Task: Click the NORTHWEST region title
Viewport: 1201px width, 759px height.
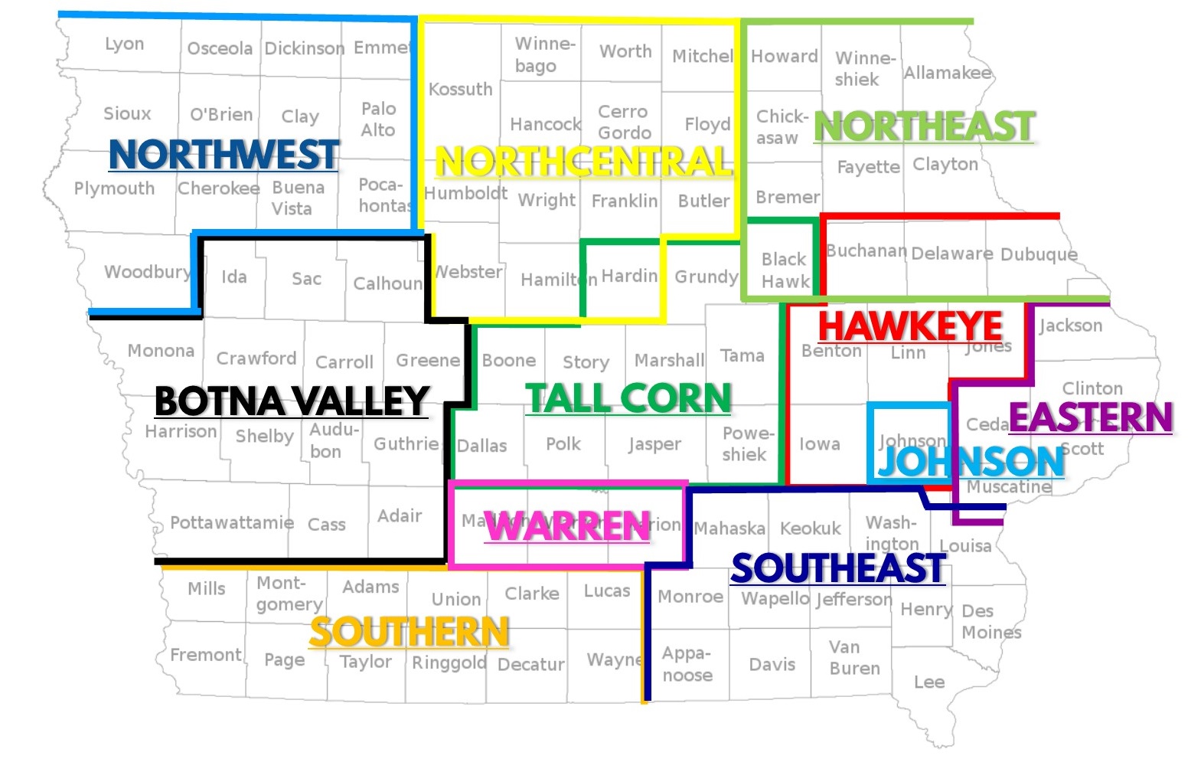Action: pyautogui.click(x=224, y=155)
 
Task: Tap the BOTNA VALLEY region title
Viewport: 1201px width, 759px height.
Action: pyautogui.click(x=291, y=401)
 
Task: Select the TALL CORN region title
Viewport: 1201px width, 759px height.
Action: pyautogui.click(x=628, y=398)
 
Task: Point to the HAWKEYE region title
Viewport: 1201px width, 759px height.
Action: pyautogui.click(x=910, y=326)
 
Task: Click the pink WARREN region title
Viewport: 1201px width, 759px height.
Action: pyautogui.click(x=567, y=527)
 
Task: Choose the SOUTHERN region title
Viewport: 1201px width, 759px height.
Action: pyautogui.click(x=409, y=633)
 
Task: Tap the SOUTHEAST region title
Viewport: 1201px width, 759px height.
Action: pyautogui.click(x=837, y=569)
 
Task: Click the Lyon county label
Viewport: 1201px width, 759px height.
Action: pyautogui.click(x=124, y=44)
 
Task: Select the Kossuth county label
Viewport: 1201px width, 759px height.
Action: pyautogui.click(x=460, y=90)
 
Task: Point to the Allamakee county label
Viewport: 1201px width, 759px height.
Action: pyautogui.click(x=947, y=73)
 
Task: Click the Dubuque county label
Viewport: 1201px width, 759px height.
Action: pyautogui.click(x=1038, y=254)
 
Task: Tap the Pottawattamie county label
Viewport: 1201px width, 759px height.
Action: pyautogui.click(x=231, y=523)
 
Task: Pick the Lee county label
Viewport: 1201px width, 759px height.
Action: pyautogui.click(x=928, y=682)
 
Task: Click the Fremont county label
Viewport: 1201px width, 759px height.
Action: pyautogui.click(x=205, y=655)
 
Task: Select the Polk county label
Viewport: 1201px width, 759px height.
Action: pyautogui.click(x=563, y=444)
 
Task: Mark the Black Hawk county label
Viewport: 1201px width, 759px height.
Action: pyautogui.click(x=785, y=270)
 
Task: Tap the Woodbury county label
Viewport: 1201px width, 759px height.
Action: pyautogui.click(x=147, y=272)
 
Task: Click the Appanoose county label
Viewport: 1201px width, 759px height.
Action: pyautogui.click(x=687, y=664)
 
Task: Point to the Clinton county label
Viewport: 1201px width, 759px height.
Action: pyautogui.click(x=1092, y=388)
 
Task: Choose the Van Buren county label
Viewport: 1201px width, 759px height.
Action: pyautogui.click(x=853, y=658)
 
